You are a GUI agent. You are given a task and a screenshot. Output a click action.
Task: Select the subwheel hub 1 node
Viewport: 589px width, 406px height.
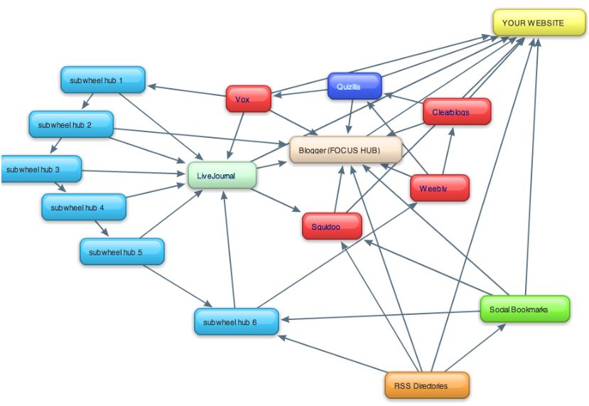(x=103, y=80)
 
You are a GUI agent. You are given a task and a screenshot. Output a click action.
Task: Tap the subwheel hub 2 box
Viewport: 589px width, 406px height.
(x=71, y=124)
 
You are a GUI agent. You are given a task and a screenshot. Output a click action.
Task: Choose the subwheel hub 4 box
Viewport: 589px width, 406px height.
(x=84, y=208)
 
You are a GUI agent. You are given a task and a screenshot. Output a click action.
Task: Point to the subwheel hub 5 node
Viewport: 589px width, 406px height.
(x=121, y=252)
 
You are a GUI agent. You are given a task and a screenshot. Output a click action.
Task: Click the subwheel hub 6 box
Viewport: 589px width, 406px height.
(x=236, y=322)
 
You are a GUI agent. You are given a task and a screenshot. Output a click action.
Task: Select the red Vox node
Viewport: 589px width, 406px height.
(x=248, y=100)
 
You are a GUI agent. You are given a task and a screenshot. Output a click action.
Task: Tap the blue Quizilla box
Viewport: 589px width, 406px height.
(x=355, y=86)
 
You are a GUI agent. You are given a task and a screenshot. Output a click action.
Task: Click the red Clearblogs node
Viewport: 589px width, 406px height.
(x=456, y=112)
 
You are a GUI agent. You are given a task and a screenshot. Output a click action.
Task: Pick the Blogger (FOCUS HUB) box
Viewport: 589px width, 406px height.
(x=345, y=151)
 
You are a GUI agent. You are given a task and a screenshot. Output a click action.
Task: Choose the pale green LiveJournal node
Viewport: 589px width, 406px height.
(x=222, y=176)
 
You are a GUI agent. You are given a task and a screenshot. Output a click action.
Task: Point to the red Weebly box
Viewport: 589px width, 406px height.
(x=439, y=188)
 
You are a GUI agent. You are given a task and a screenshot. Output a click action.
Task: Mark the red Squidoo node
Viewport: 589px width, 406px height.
(x=331, y=227)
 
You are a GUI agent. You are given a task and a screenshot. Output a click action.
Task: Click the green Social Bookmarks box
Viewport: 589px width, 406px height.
(x=524, y=309)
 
